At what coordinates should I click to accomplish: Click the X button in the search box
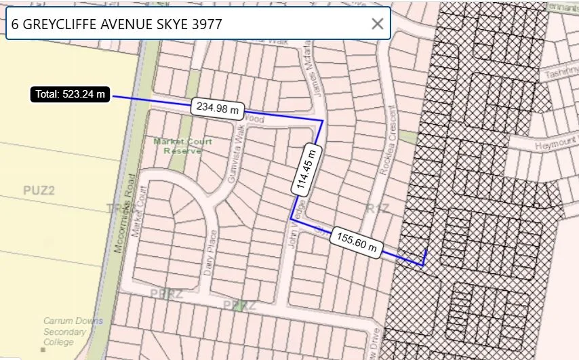[x=377, y=24]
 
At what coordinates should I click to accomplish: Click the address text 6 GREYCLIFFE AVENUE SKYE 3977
[x=117, y=24]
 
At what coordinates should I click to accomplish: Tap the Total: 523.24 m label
[x=70, y=94]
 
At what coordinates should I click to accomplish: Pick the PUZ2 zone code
[x=39, y=191]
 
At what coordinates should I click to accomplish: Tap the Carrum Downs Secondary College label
[x=65, y=332]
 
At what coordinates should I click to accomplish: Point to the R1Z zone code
[x=376, y=207]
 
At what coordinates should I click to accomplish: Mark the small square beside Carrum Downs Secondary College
[x=43, y=313]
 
